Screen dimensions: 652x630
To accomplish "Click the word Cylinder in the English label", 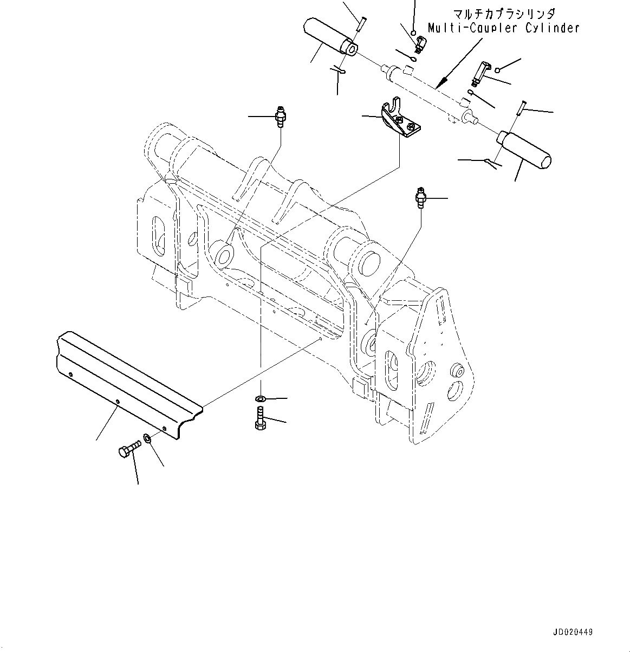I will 552,28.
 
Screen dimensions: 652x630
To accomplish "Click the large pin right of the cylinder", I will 524,147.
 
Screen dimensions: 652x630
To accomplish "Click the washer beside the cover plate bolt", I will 148,437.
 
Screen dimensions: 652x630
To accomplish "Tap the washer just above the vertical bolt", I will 260,399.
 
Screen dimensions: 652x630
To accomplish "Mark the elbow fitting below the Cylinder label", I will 482,73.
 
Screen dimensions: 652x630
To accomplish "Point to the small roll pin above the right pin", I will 521,107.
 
